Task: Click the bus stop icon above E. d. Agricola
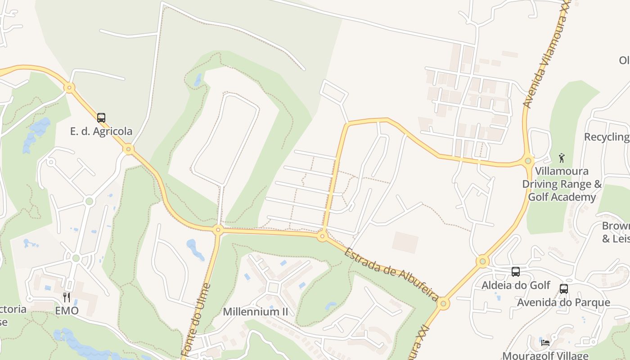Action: (101, 118)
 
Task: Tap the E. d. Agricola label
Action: (101, 131)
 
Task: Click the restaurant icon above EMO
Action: (67, 297)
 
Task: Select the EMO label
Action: (67, 310)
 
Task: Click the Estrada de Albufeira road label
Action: (391, 274)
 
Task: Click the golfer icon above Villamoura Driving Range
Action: (561, 158)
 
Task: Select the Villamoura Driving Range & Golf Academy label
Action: (562, 184)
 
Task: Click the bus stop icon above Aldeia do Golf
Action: (516, 272)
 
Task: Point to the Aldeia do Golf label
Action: (516, 285)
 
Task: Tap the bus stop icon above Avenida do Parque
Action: (563, 289)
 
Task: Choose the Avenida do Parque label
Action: (563, 302)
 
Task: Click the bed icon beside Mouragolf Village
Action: (545, 342)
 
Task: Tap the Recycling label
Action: (607, 137)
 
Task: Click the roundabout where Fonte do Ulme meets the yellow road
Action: (218, 230)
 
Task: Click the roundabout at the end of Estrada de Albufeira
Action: (443, 304)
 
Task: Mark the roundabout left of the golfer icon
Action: (528, 160)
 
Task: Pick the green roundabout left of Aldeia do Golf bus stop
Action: (482, 261)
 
